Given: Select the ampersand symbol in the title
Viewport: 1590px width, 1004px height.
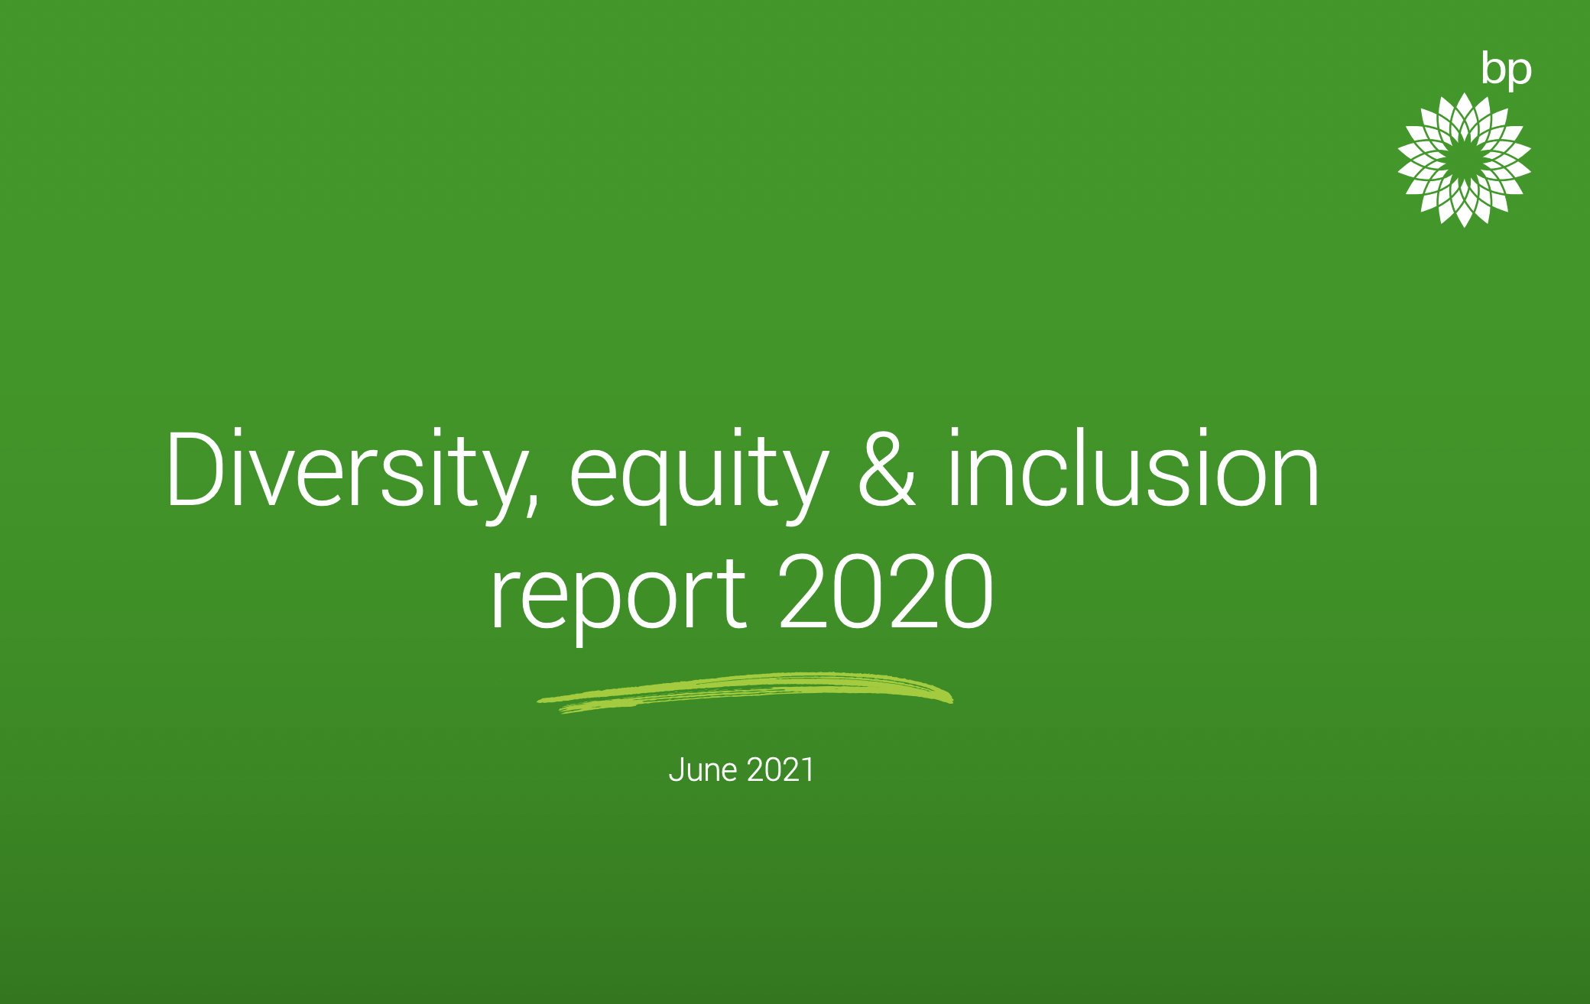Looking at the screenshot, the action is pyautogui.click(x=887, y=468).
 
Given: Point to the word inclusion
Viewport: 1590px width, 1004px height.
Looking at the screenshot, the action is pyautogui.click(x=1134, y=468).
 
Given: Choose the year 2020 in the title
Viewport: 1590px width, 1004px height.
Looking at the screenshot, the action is pyautogui.click(x=886, y=591).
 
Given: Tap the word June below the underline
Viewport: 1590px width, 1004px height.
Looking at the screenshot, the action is pyautogui.click(x=703, y=769).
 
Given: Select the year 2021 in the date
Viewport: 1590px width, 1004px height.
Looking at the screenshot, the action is pyautogui.click(x=780, y=769).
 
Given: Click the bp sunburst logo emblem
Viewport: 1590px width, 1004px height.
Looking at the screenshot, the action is pyautogui.click(x=1464, y=160).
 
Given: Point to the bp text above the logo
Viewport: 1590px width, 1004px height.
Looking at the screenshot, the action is pyautogui.click(x=1506, y=70).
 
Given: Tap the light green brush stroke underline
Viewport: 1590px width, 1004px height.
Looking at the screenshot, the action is pyautogui.click(x=745, y=692).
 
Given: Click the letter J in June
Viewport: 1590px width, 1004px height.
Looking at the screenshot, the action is pyautogui.click(x=676, y=770).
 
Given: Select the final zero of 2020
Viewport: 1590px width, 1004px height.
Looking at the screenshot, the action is pyautogui.click(x=968, y=591).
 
